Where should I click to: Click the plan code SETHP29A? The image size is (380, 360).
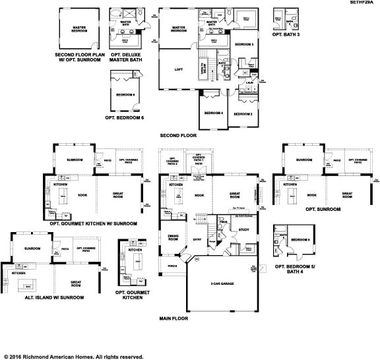[x=362, y=3]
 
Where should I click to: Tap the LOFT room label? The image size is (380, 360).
[x=178, y=69]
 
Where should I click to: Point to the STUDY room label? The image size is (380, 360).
[x=243, y=230]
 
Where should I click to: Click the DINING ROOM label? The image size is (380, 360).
[x=174, y=237]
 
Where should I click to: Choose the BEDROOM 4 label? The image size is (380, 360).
[x=213, y=113]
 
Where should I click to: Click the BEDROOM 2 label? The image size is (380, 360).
[x=242, y=114]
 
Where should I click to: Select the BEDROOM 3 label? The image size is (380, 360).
[x=244, y=44]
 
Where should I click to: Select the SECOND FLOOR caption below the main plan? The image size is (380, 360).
[x=178, y=135]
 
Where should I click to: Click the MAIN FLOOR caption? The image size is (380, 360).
[x=174, y=318]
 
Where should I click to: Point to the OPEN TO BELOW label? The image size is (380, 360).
[x=203, y=69]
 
